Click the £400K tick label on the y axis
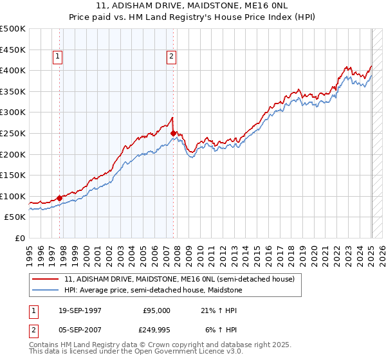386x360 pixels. (x=13, y=70)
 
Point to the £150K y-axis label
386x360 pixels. (x=13, y=175)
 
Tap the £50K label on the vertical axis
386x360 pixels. (x=15, y=217)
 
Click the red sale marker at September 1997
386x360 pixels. (x=60, y=198)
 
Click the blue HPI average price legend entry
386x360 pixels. (x=152, y=291)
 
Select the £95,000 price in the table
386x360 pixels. (x=156, y=310)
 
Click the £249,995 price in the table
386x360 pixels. (x=156, y=331)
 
